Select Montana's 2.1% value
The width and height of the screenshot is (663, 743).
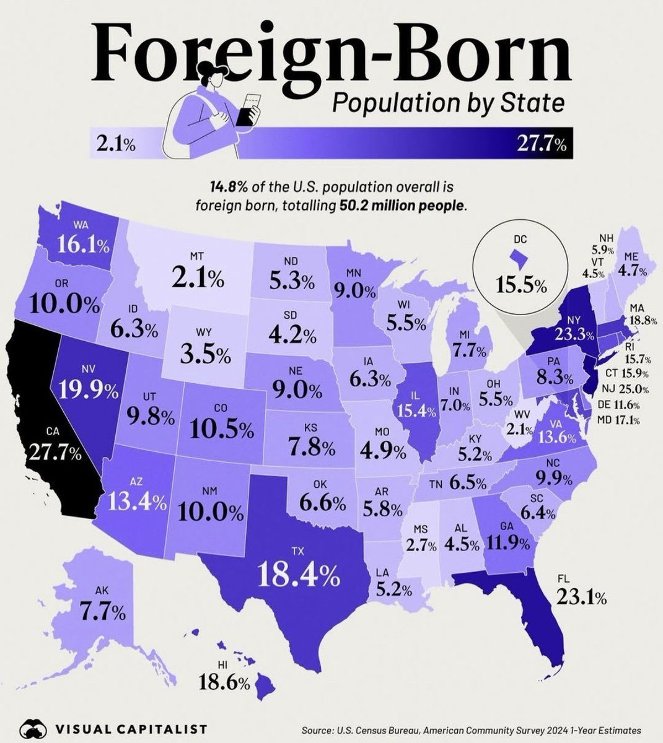[198, 279]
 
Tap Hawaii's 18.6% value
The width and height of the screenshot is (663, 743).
[224, 683]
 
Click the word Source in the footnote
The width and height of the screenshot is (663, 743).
[318, 730]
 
